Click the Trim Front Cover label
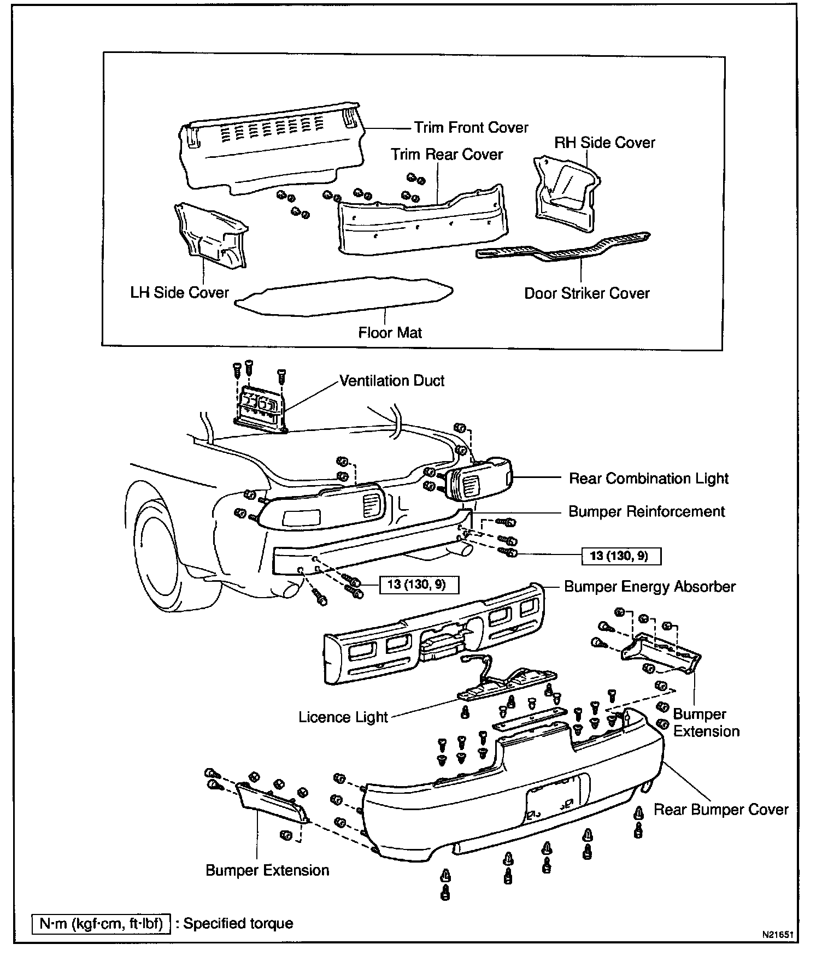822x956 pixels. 471,128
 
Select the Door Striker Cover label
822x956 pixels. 586,293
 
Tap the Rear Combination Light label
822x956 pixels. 649,479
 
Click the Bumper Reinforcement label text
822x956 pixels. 647,511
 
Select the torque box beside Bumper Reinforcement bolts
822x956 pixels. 621,556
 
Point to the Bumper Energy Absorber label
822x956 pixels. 650,587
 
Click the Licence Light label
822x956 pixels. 343,717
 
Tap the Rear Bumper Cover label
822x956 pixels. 721,810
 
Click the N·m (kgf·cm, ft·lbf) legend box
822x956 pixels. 101,924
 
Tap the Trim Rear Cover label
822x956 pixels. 447,155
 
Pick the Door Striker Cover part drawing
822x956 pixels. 563,249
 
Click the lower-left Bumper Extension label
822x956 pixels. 267,870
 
